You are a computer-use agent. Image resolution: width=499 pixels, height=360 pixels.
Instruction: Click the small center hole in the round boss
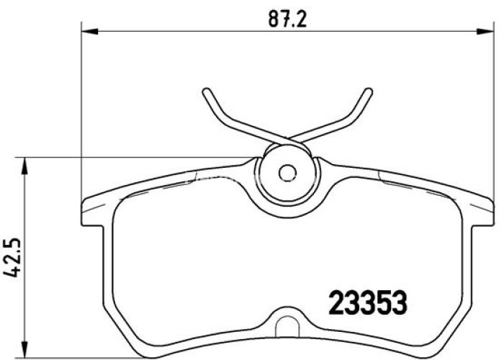pyautogui.click(x=287, y=173)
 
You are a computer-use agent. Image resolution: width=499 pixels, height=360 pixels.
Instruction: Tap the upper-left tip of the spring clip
pyautogui.click(x=206, y=91)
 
